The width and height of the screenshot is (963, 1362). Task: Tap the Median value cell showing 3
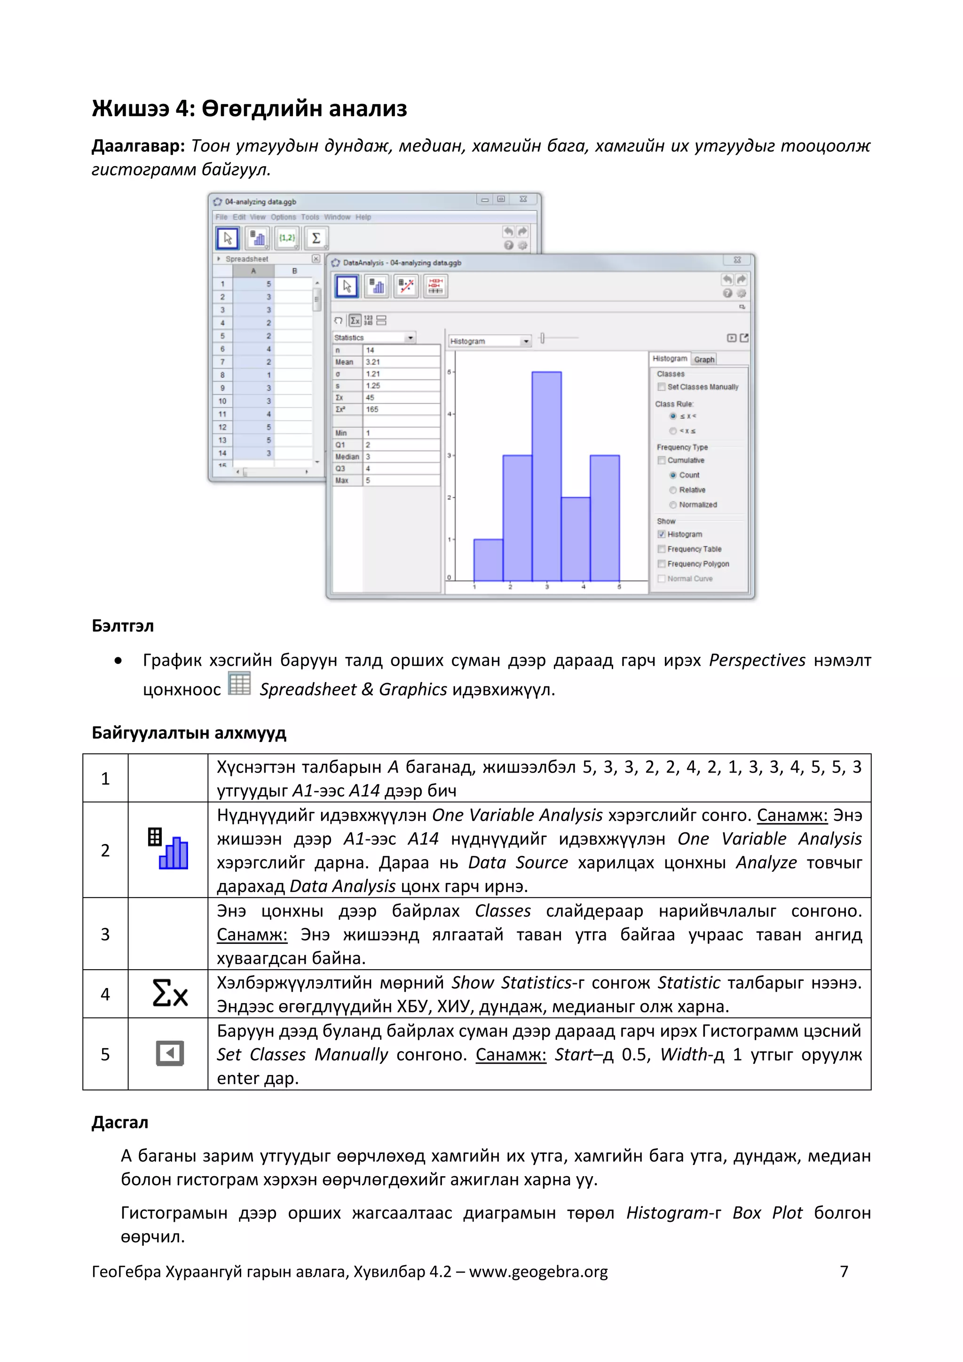click(x=401, y=457)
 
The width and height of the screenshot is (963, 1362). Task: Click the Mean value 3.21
click(x=401, y=362)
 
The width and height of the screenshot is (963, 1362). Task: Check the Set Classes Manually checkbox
click(x=661, y=387)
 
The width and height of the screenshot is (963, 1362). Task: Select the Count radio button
click(x=673, y=475)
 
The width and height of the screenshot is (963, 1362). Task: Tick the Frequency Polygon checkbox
click(x=661, y=564)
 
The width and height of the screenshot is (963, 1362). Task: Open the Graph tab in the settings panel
click(x=704, y=359)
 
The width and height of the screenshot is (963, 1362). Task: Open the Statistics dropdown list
click(x=374, y=337)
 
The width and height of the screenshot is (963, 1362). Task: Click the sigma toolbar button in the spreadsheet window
click(x=316, y=238)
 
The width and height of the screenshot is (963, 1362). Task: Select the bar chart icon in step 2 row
click(x=168, y=849)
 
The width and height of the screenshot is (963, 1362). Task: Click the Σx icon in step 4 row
click(x=170, y=994)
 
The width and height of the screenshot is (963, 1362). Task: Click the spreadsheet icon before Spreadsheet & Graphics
click(x=239, y=684)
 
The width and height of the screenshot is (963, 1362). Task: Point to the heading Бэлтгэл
click(x=123, y=626)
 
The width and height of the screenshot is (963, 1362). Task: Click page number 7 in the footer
click(x=844, y=1271)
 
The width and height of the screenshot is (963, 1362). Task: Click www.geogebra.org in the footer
click(x=538, y=1272)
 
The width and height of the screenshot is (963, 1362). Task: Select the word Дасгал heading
click(x=120, y=1123)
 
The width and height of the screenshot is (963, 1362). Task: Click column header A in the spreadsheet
click(x=253, y=271)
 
